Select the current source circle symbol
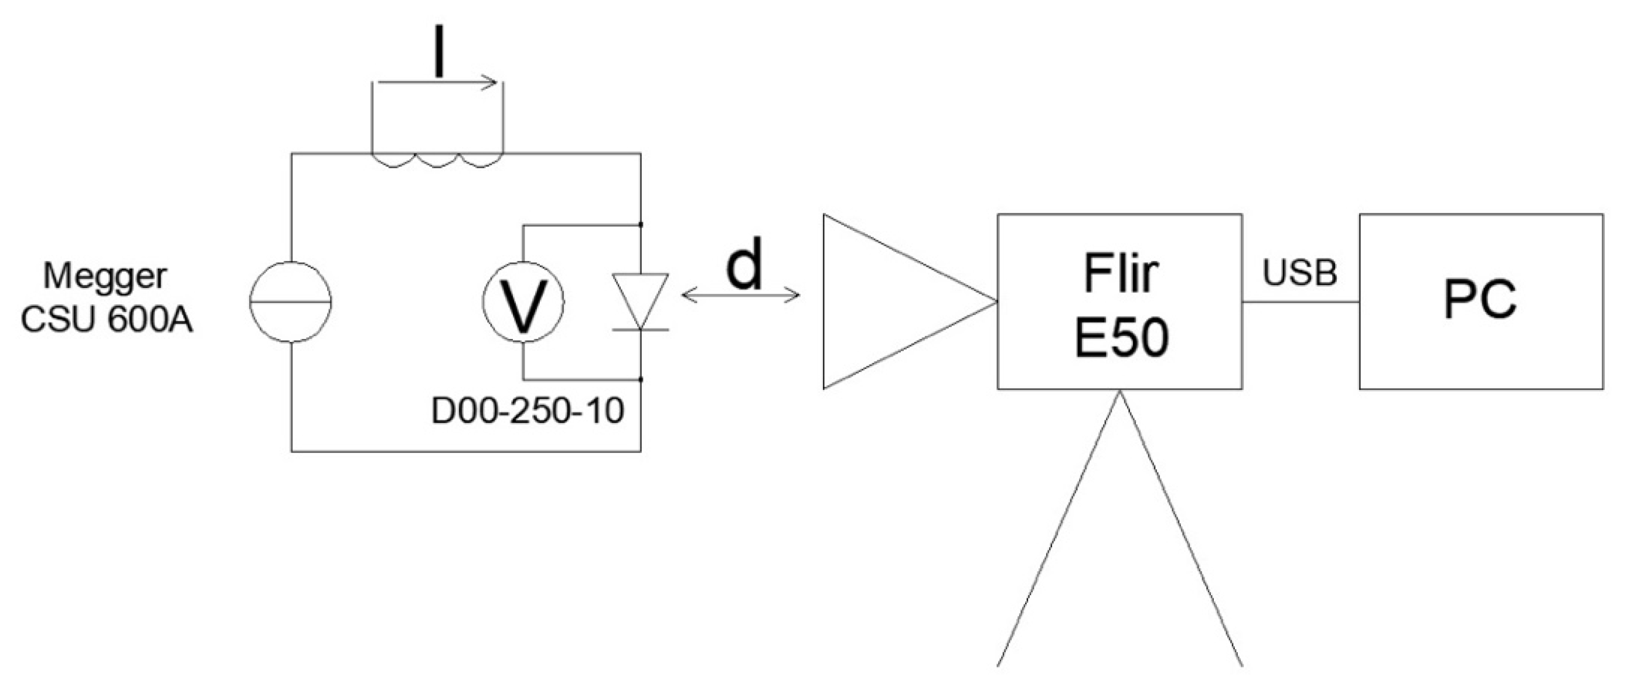tap(290, 303)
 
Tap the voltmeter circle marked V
tap(522, 303)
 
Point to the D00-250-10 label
tap(527, 411)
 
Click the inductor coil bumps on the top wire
tap(437, 159)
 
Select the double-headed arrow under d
tap(740, 295)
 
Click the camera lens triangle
tap(890, 301)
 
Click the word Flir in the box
tap(1121, 273)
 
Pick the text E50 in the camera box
tap(1121, 337)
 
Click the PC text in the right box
tap(1480, 300)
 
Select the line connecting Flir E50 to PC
tap(1300, 302)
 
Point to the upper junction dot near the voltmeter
tap(641, 225)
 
